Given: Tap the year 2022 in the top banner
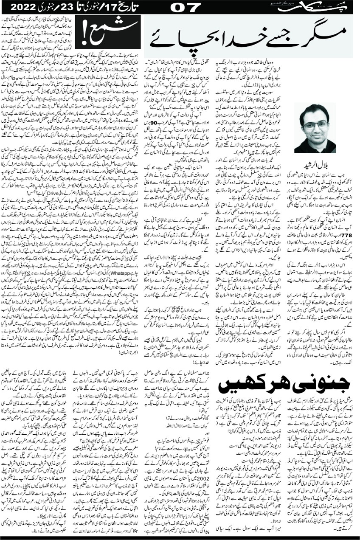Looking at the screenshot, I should (24, 7).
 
